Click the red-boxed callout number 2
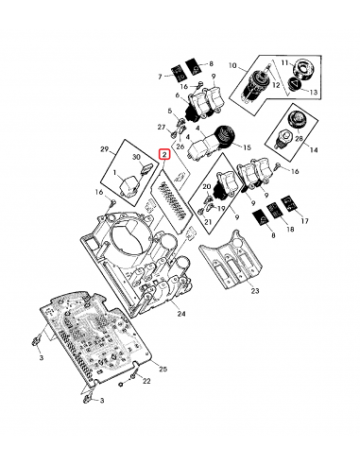pyautogui.click(x=165, y=152)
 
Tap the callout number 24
pyautogui.click(x=180, y=313)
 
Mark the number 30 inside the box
pyautogui.click(x=136, y=158)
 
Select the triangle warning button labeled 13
pyautogui.click(x=295, y=84)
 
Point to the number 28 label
pyautogui.click(x=299, y=139)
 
